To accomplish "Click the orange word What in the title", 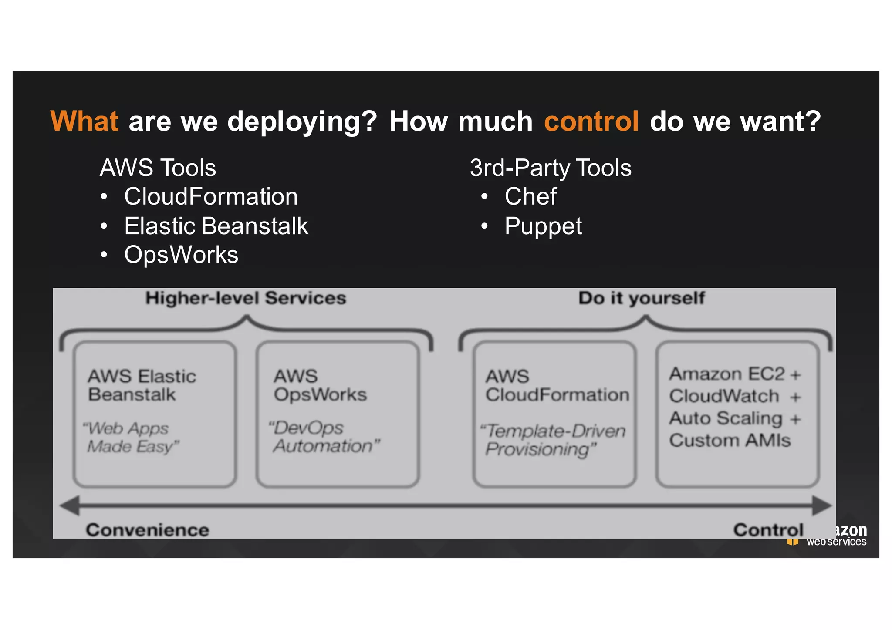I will pyautogui.click(x=84, y=121).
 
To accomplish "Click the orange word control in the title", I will pyautogui.click(x=591, y=121).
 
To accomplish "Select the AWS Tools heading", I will pyautogui.click(x=158, y=168).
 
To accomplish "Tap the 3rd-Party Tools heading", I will pyautogui.click(x=550, y=168).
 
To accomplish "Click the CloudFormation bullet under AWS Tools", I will pyautogui.click(x=211, y=196).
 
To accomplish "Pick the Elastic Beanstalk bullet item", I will pyautogui.click(x=216, y=226).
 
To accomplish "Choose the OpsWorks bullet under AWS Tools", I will pyautogui.click(x=181, y=255).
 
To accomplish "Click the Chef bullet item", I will pyautogui.click(x=530, y=196).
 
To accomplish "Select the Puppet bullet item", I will pyautogui.click(x=543, y=226).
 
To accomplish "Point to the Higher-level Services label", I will pyautogui.click(x=246, y=298).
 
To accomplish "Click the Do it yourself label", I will pyautogui.click(x=641, y=298).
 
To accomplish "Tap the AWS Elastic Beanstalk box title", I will pyautogui.click(x=142, y=385).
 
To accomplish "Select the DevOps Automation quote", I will pyautogui.click(x=324, y=437).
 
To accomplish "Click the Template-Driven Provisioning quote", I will pyautogui.click(x=552, y=440).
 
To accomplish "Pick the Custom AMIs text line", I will pyautogui.click(x=730, y=440).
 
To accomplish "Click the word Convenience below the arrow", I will pyautogui.click(x=148, y=530).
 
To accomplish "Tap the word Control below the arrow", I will pyautogui.click(x=768, y=530).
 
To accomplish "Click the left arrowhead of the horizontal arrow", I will pyautogui.click(x=70, y=505).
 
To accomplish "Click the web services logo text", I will pyautogui.click(x=836, y=542).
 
